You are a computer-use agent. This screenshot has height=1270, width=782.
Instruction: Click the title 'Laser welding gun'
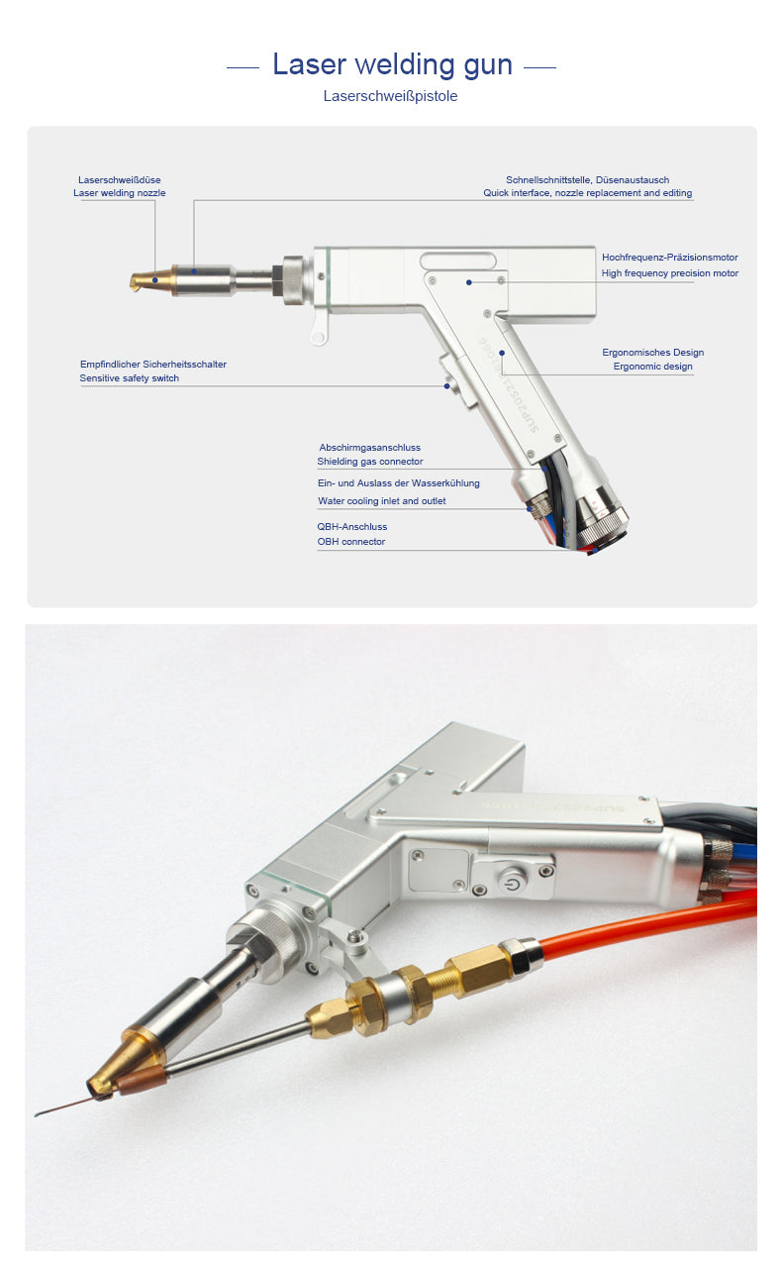tap(392, 64)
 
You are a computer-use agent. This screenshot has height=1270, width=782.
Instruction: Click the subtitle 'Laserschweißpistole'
tap(390, 96)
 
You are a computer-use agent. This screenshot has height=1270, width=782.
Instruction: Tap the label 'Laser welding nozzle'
tap(119, 193)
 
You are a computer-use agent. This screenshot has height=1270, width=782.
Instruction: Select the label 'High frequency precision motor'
tap(670, 272)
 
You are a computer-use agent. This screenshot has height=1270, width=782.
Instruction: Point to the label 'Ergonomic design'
tap(652, 367)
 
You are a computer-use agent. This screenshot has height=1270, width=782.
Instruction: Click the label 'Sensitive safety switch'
tap(130, 377)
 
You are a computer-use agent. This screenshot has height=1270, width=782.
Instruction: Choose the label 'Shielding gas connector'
tap(370, 461)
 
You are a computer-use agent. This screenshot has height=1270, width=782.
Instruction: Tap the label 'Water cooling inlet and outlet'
tap(381, 500)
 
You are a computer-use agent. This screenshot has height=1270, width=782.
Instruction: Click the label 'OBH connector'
tap(350, 542)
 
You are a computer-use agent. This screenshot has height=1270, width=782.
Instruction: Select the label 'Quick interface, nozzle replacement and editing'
tap(588, 193)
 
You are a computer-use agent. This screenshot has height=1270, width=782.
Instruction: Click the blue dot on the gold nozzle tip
tap(155, 280)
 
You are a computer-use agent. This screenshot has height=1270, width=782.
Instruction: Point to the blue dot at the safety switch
tap(446, 386)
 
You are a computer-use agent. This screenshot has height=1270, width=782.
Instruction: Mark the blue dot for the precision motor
tap(469, 282)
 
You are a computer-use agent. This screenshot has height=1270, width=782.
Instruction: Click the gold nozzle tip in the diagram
tap(151, 280)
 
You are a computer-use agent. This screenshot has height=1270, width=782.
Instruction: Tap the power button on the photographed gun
tap(512, 880)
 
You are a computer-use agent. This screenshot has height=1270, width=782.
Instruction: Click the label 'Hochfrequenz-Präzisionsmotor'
tap(670, 257)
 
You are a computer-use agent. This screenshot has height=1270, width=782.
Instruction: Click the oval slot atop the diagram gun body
tap(458, 261)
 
